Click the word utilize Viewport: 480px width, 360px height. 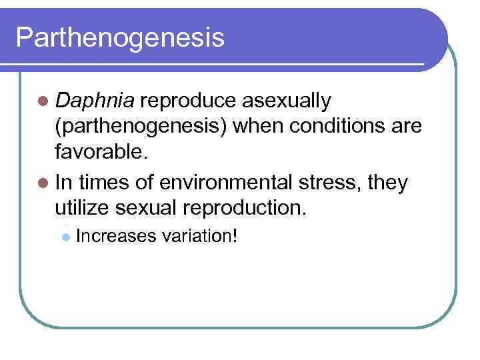[x=85, y=208]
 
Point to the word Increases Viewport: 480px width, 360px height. [x=115, y=237]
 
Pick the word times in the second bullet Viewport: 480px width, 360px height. [x=107, y=182]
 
